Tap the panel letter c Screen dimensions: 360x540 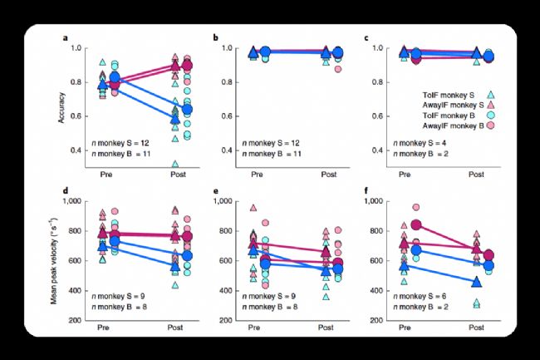(x=366, y=38)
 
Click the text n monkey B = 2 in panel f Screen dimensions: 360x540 (x=420, y=308)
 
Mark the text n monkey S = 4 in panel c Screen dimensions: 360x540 (x=420, y=141)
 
